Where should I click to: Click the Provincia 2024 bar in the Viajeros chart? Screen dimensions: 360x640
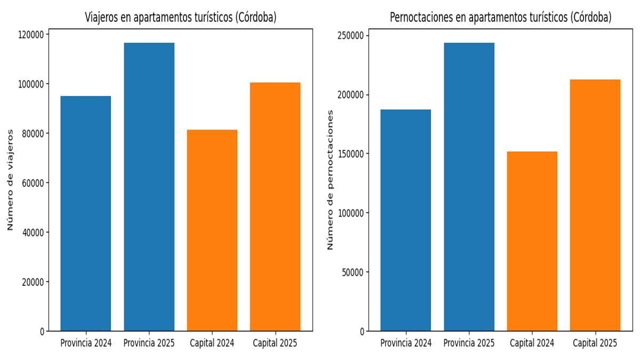coord(86,213)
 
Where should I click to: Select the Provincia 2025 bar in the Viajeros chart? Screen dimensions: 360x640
coord(149,187)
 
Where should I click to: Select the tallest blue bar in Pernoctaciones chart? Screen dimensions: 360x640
coord(469,187)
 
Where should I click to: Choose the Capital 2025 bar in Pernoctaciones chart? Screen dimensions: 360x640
coord(595,205)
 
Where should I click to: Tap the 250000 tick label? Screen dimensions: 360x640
coord(350,36)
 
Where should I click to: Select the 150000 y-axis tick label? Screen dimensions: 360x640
coord(350,154)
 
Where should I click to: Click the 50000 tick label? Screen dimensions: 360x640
coord(353,273)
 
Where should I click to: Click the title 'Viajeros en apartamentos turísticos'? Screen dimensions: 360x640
coord(181,17)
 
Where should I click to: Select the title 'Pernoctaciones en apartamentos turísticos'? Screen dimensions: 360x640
coord(500,17)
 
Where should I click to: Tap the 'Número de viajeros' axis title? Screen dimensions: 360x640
coord(10,180)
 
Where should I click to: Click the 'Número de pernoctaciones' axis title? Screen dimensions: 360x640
coord(330,180)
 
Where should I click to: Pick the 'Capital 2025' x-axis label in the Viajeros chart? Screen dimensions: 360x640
coord(275,343)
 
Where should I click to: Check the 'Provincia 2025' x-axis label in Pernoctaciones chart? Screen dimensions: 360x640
coord(469,343)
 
